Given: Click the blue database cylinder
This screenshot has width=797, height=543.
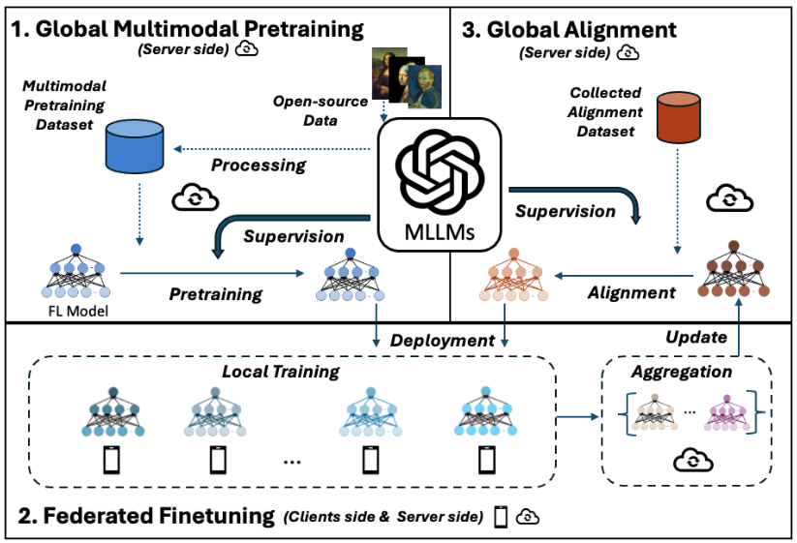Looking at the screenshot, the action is (135, 146).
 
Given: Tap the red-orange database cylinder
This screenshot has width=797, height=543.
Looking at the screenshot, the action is (679, 117).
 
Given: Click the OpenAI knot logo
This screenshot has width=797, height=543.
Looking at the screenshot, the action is (440, 171).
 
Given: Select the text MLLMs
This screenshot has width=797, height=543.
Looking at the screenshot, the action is (440, 232).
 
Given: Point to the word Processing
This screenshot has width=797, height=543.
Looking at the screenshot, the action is (259, 166).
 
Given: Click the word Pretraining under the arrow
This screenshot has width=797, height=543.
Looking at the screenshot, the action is (216, 294).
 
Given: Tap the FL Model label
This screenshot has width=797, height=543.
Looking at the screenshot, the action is (78, 311).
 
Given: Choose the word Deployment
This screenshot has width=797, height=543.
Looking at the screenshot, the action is (443, 341).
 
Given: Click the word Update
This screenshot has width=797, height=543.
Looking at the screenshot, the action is (696, 337).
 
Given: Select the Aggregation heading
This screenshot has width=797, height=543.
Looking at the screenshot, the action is (682, 372).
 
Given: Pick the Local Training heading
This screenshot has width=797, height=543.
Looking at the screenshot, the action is (281, 372).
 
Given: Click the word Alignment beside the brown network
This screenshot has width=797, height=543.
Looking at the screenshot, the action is (631, 292).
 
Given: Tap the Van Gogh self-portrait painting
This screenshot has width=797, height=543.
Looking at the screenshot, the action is (424, 87).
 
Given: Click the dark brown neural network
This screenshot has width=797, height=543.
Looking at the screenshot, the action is (733, 269).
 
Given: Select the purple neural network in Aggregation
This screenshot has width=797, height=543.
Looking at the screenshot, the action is (727, 413).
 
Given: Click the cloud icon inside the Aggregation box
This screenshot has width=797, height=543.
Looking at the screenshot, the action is (692, 460).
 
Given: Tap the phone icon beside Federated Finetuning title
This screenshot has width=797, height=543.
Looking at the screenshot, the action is (502, 517).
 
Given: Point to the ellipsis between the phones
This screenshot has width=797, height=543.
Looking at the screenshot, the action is (291, 463).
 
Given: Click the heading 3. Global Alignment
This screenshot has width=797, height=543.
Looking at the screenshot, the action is (569, 30).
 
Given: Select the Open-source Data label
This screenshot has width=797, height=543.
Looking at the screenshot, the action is (321, 110).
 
